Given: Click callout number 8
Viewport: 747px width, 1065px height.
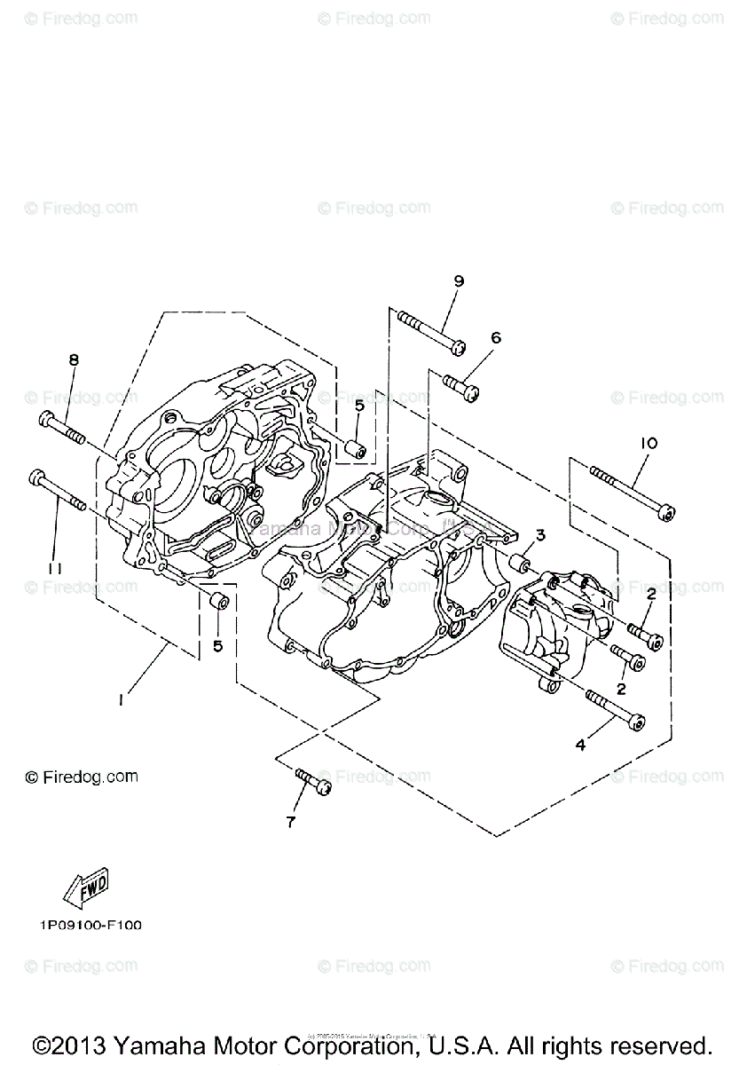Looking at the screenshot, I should pos(74,359).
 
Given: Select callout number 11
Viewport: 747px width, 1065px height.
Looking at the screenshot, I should pos(54,568).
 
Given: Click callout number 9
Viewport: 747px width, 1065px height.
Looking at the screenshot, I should pos(459,281).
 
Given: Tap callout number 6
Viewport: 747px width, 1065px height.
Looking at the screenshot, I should pos(495,338).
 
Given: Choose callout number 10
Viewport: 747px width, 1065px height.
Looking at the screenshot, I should pos(645,443).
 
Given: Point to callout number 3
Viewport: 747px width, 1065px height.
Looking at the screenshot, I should pos(539,535).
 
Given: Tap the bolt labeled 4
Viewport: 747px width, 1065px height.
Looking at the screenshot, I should pos(614,709).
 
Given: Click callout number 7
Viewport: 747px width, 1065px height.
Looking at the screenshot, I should pos(290,822).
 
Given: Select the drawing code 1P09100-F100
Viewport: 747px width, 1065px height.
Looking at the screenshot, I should pos(90,925).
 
